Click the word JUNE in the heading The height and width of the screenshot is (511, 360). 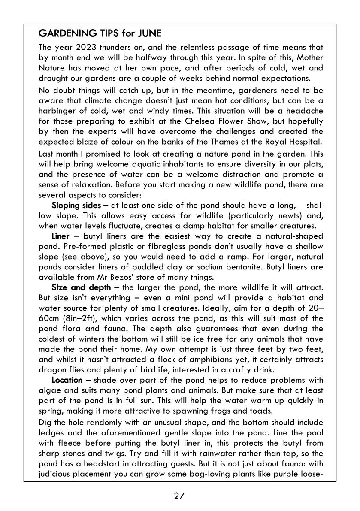147,33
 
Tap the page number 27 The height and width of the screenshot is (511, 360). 179,496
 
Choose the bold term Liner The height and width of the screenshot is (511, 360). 61,236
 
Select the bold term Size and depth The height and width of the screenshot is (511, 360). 81,287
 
